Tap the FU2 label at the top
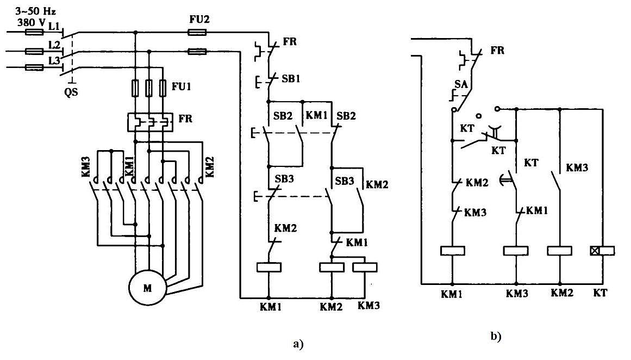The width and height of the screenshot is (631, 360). [199, 20]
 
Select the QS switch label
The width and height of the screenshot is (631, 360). [71, 92]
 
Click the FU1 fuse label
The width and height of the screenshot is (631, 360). [182, 86]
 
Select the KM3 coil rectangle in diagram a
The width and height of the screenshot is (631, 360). [365, 268]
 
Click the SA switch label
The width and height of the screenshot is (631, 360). [461, 84]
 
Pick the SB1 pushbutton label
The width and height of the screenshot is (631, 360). [291, 78]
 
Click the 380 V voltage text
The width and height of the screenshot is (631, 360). [32, 22]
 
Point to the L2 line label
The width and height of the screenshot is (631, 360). [54, 44]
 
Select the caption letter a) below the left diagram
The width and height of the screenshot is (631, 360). [298, 344]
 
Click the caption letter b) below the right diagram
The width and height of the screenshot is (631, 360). [496, 336]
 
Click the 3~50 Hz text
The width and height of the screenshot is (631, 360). [35, 11]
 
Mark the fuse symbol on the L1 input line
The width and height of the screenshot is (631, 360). [34, 32]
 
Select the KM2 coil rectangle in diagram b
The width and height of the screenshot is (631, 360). [559, 251]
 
